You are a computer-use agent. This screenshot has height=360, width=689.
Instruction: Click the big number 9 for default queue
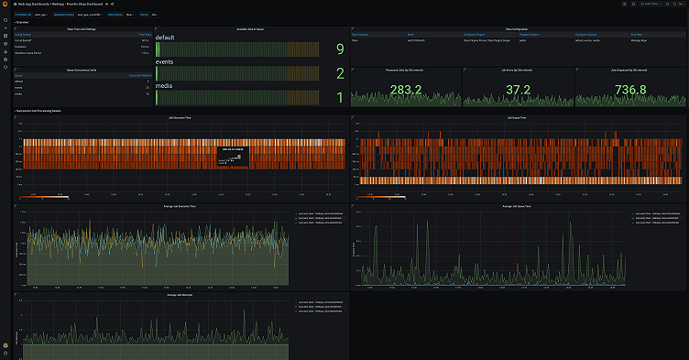pyautogui.click(x=340, y=49)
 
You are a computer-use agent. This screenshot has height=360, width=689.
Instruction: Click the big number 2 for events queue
pyautogui.click(x=340, y=73)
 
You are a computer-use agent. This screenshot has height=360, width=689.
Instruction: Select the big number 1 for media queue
pyautogui.click(x=340, y=97)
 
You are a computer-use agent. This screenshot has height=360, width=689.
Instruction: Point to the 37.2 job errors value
pyautogui.click(x=518, y=90)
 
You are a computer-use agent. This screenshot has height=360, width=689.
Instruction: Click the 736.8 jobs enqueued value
pyautogui.click(x=629, y=90)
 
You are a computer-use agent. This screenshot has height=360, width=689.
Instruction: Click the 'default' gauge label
pyautogui.click(x=165, y=38)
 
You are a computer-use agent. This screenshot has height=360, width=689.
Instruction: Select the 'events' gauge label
pyautogui.click(x=166, y=62)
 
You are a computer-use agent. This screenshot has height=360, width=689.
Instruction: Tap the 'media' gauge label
pyautogui.click(x=164, y=86)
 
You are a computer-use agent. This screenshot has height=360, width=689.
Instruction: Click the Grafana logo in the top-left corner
pyautogui.click(x=5, y=5)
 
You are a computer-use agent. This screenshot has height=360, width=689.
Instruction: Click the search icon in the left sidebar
pyautogui.click(x=5, y=20)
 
